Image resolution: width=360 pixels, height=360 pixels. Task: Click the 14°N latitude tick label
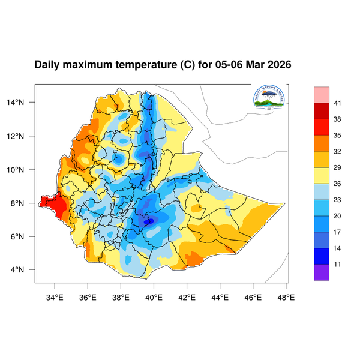click(x=22, y=103)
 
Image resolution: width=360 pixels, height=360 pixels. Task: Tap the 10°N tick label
click(x=22, y=169)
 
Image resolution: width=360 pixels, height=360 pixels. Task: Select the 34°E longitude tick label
click(x=55, y=296)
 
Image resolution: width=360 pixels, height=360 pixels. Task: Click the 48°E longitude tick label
click(x=286, y=296)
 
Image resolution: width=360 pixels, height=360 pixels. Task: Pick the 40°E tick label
click(x=154, y=296)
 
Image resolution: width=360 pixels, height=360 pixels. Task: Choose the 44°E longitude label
click(x=220, y=296)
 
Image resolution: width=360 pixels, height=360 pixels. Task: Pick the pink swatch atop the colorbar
click(x=322, y=94)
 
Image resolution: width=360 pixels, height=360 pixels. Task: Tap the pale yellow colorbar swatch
click(x=322, y=175)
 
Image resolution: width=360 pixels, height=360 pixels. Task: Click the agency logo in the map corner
click(x=269, y=99)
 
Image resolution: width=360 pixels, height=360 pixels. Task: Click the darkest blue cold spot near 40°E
click(x=148, y=221)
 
